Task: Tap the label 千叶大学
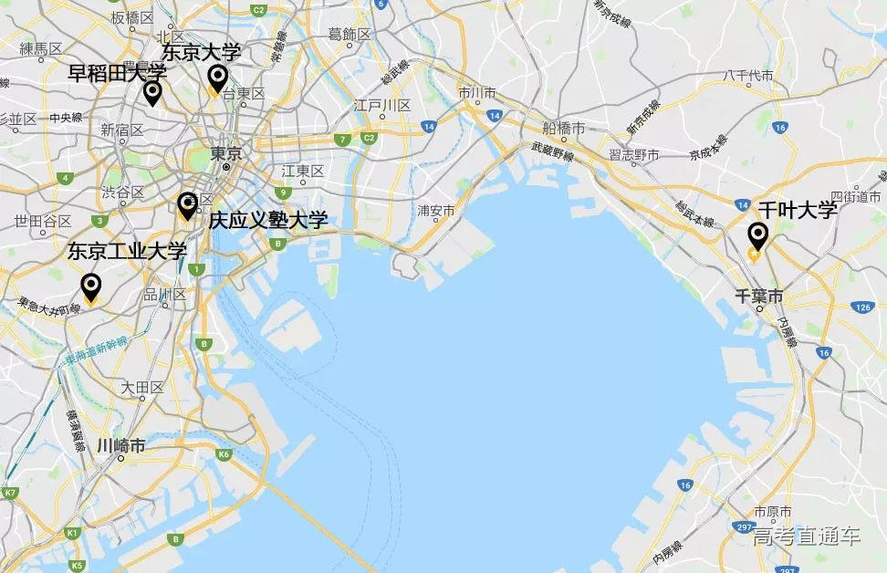point(797,211)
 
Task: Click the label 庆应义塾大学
point(267,220)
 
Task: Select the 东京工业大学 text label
point(127,251)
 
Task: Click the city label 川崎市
point(121,446)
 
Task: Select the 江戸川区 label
point(382,106)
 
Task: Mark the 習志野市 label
point(634,155)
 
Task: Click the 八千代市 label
point(748,76)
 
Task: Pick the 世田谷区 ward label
point(43,222)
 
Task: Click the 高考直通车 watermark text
point(807,537)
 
